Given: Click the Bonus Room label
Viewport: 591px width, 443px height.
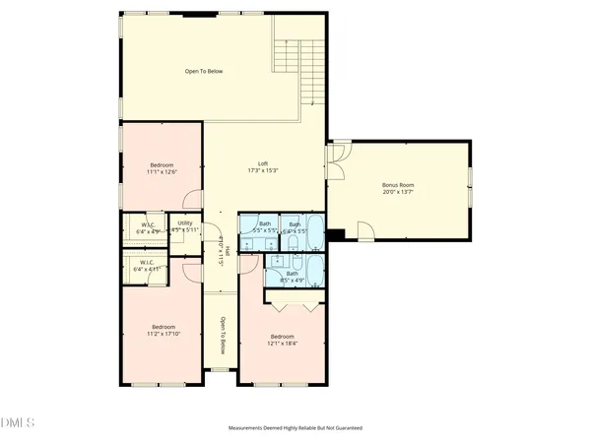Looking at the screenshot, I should pos(399,188).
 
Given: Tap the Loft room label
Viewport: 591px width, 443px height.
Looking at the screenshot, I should pos(263,167).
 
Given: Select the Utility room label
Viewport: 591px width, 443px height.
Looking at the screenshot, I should pos(184,226).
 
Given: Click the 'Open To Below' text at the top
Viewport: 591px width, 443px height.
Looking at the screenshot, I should pos(204,72).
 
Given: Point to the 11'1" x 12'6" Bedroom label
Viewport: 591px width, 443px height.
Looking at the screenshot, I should pos(162,168).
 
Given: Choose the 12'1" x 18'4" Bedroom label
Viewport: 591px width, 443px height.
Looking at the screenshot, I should pos(283,340).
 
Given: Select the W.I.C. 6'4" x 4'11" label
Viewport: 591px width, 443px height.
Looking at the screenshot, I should pos(148,267).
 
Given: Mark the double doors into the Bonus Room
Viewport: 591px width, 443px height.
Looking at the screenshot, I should pos(337,158).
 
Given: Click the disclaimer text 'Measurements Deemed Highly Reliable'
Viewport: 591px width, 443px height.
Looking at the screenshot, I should pos(295,428).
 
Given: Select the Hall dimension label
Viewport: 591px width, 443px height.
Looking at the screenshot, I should pos(223,255).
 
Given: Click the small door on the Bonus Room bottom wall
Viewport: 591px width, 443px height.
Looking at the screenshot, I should pos(365,232).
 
